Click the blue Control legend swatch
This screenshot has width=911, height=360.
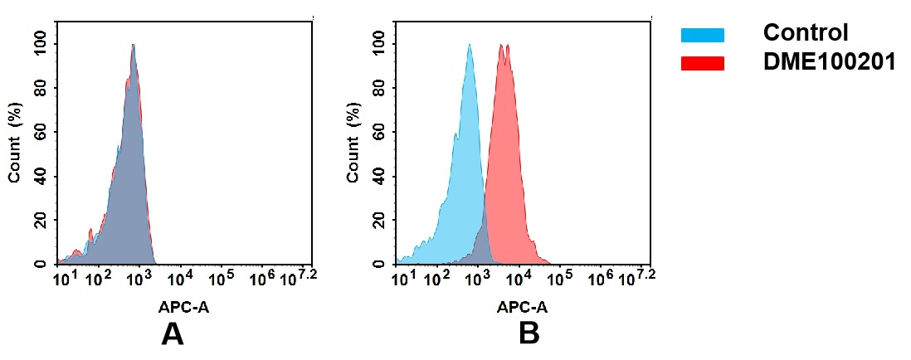pyautogui.click(x=702, y=34)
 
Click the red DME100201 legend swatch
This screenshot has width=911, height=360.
pyautogui.click(x=702, y=62)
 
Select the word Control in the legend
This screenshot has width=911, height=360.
pyautogui.click(x=805, y=33)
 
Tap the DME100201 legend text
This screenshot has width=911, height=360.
pyautogui.click(x=829, y=61)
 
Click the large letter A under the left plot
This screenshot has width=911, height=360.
pyautogui.click(x=172, y=333)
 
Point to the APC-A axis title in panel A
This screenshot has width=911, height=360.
pyautogui.click(x=183, y=307)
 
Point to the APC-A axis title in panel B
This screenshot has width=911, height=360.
pyautogui.click(x=522, y=307)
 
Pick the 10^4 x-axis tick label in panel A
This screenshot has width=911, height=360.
pyautogui.click(x=181, y=278)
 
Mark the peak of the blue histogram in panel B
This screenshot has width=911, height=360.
pyautogui.click(x=470, y=45)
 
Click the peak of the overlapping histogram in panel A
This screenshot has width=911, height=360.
pyautogui.click(x=133, y=45)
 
